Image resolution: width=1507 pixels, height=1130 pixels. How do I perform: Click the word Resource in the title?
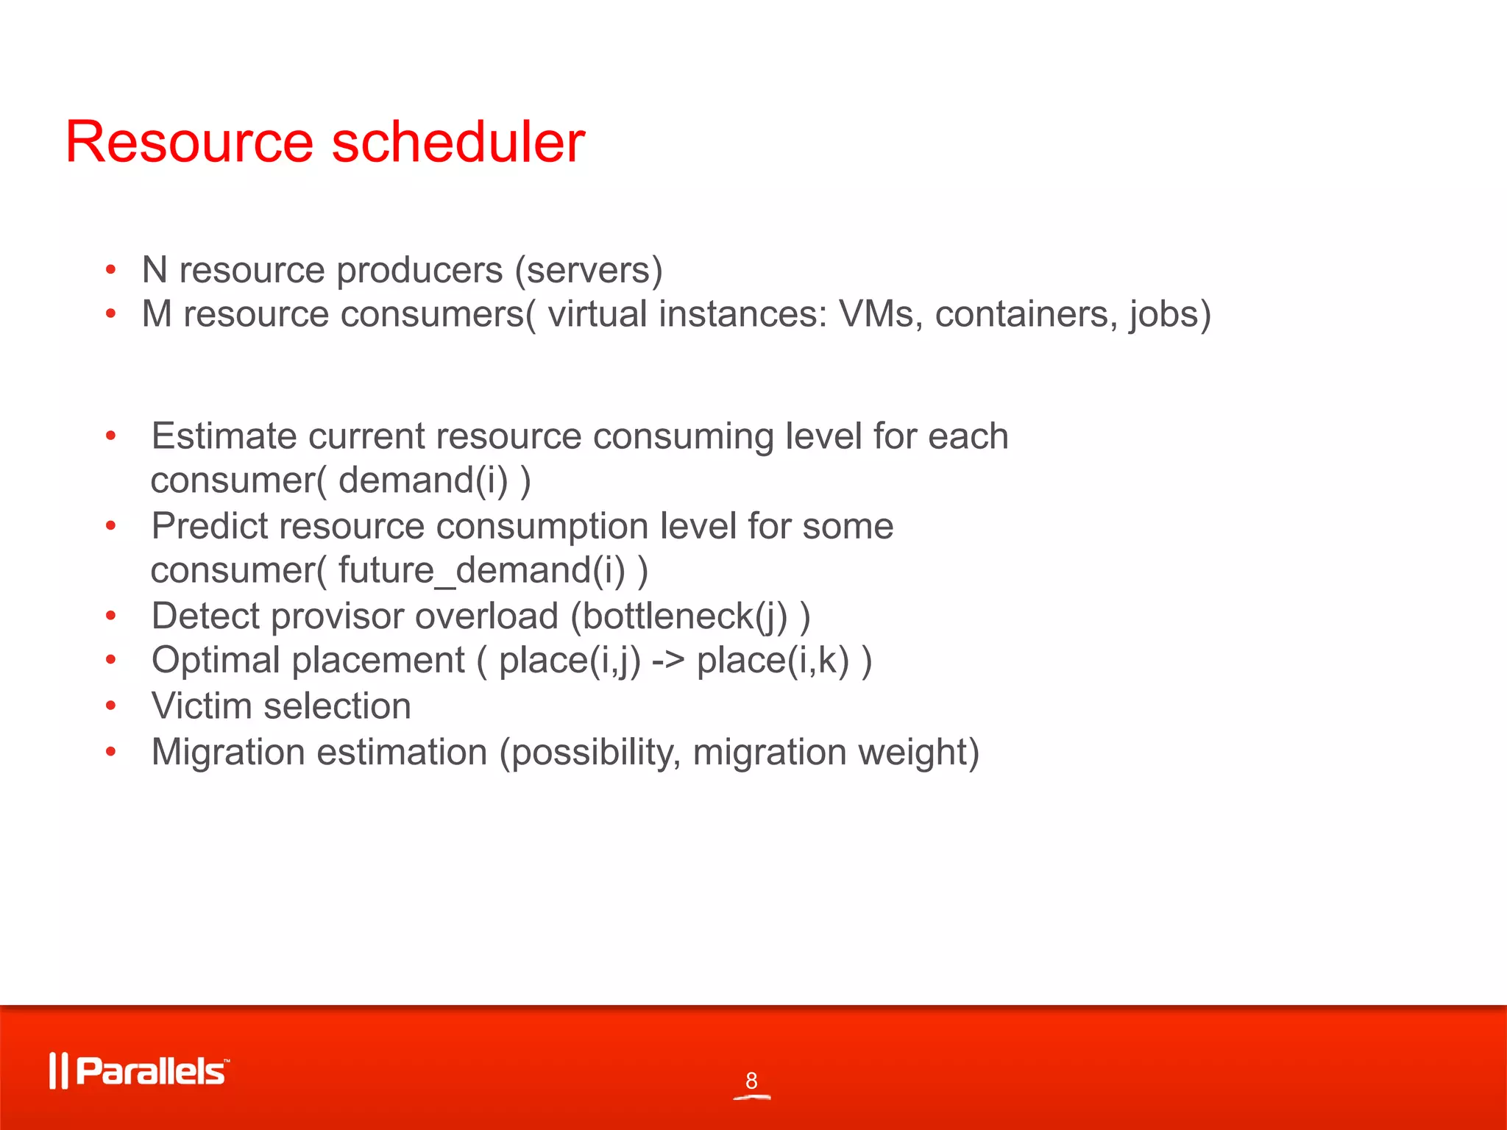tap(190, 141)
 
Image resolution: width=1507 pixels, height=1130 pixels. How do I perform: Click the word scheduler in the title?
tap(458, 141)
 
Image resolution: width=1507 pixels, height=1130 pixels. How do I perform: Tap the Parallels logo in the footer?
tap(139, 1070)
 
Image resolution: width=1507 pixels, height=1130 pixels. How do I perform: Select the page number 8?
tap(751, 1081)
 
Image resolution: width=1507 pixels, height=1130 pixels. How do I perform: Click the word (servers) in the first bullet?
tap(589, 270)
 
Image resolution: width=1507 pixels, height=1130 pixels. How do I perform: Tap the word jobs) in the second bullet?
tap(1170, 314)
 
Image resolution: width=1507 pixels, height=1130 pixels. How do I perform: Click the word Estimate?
tap(224, 436)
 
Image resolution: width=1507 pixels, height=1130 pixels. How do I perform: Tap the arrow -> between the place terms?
tap(668, 660)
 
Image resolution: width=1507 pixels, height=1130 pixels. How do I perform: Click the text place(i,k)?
tap(773, 660)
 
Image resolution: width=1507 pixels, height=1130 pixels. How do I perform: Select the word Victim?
tap(201, 706)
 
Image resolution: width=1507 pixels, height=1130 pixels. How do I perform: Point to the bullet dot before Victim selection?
tap(110, 706)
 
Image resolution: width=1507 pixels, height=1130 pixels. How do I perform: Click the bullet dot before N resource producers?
tap(110, 270)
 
